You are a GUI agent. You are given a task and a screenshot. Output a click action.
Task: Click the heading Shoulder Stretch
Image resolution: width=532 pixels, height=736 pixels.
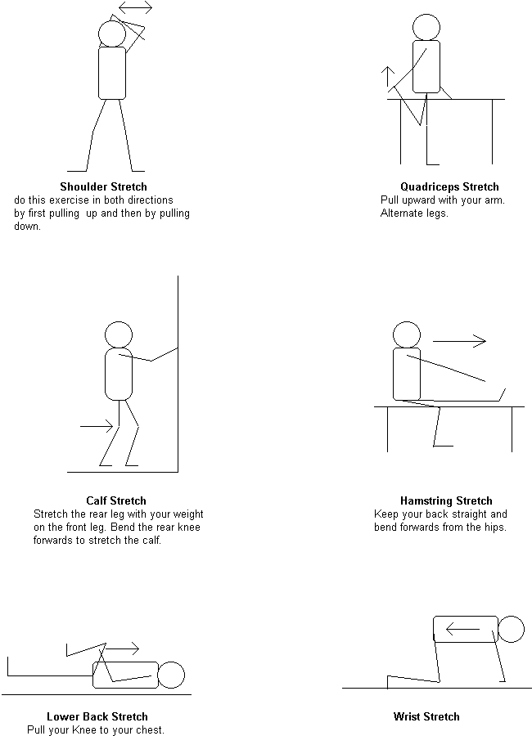tap(103, 186)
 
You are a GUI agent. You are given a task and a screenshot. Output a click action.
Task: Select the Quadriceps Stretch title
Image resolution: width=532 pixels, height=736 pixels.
tap(449, 186)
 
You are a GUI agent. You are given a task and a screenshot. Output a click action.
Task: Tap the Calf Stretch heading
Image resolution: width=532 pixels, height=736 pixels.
tap(116, 500)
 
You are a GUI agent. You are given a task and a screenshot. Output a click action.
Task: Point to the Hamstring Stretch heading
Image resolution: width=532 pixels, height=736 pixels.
tap(446, 500)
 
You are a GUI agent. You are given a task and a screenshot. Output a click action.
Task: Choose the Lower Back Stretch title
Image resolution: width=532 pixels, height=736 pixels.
tap(97, 716)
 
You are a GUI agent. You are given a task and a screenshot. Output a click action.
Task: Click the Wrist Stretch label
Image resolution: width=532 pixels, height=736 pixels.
tap(426, 716)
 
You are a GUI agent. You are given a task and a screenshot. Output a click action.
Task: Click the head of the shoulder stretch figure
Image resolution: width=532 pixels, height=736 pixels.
tap(112, 34)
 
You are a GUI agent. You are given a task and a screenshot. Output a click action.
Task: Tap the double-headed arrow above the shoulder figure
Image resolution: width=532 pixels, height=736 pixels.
tap(135, 7)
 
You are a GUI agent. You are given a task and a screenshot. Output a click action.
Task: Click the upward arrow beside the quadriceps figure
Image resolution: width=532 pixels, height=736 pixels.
tap(388, 77)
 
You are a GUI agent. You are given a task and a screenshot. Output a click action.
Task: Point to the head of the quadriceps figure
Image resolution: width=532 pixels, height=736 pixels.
tap(426, 27)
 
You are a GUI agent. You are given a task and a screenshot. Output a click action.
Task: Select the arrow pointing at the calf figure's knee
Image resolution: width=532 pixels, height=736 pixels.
tap(97, 426)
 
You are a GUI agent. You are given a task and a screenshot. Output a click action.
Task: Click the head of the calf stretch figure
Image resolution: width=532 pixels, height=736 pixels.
tap(119, 335)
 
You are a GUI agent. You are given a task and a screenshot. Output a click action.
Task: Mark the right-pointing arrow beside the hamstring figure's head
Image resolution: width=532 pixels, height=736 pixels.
tap(459, 341)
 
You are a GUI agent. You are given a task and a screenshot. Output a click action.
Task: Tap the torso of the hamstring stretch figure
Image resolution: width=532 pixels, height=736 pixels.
tap(407, 374)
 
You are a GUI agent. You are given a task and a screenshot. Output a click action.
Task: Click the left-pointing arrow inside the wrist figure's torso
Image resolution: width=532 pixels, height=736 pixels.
tap(462, 629)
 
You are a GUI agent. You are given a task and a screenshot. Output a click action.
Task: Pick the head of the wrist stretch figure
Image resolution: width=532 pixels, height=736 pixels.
tap(511, 629)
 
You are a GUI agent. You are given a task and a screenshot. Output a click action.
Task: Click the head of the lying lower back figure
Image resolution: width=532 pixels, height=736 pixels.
tap(171, 675)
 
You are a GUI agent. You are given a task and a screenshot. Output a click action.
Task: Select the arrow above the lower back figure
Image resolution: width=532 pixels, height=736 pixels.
tap(122, 648)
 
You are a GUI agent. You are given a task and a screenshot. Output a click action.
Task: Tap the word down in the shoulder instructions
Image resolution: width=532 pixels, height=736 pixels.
tap(27, 227)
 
